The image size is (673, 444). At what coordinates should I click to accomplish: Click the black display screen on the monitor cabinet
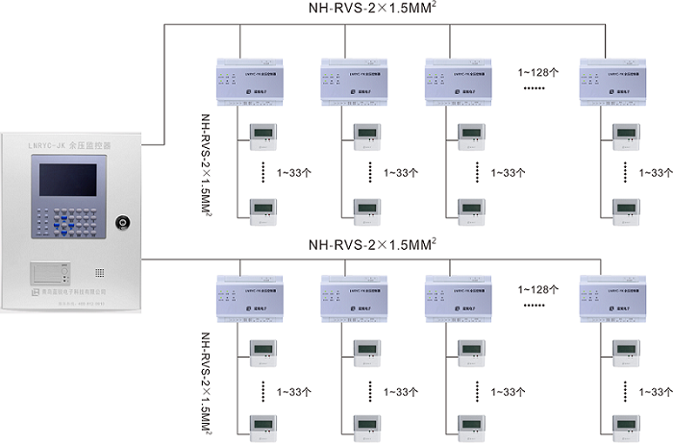click(67, 181)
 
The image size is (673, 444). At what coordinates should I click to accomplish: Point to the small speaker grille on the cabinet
click(99, 272)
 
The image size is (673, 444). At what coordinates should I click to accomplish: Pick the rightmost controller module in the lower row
click(607, 300)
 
